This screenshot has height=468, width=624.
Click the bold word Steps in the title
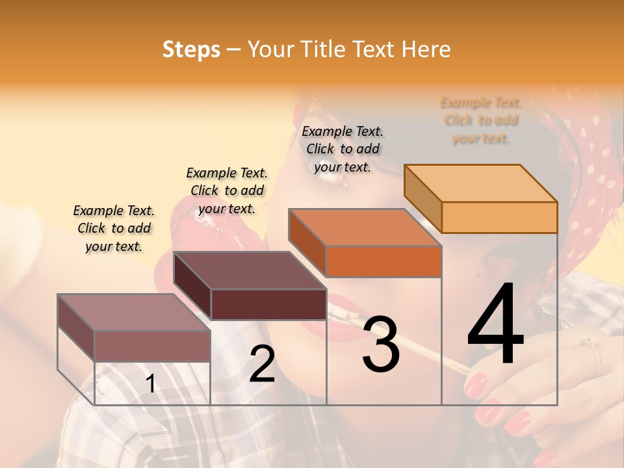[191, 49]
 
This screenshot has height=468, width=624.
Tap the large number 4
[495, 325]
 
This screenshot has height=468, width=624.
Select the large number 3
[380, 344]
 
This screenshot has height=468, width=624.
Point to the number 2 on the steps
[262, 364]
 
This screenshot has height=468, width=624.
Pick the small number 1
[150, 384]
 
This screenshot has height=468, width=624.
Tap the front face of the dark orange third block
[383, 261]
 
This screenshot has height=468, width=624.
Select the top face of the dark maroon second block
[250, 270]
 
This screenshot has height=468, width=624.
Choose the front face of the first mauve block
[152, 346]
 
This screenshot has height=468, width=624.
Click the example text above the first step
[114, 228]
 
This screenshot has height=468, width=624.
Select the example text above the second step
[227, 190]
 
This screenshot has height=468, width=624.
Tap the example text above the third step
[343, 149]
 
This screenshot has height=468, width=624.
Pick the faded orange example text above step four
[481, 120]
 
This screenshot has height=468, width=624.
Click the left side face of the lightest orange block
[422, 198]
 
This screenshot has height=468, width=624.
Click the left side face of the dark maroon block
[192, 286]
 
